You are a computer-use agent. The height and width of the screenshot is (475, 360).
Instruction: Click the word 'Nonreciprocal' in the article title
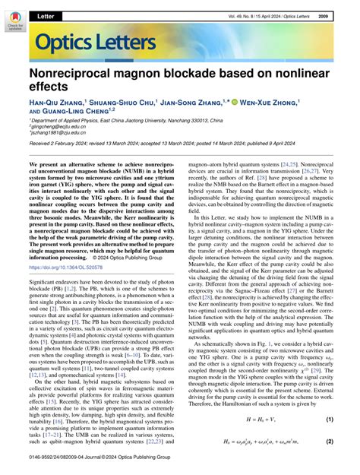76,74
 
